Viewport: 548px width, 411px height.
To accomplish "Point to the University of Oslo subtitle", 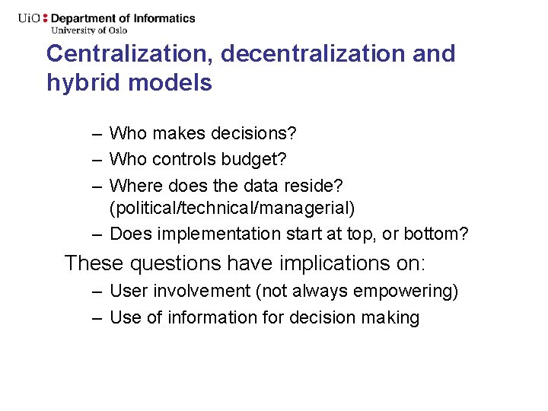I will [x=89, y=30].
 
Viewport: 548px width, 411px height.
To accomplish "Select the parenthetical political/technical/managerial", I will [x=232, y=208].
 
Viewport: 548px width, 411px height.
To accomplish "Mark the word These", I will [x=94, y=263].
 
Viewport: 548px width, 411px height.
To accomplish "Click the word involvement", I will [x=199, y=291].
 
